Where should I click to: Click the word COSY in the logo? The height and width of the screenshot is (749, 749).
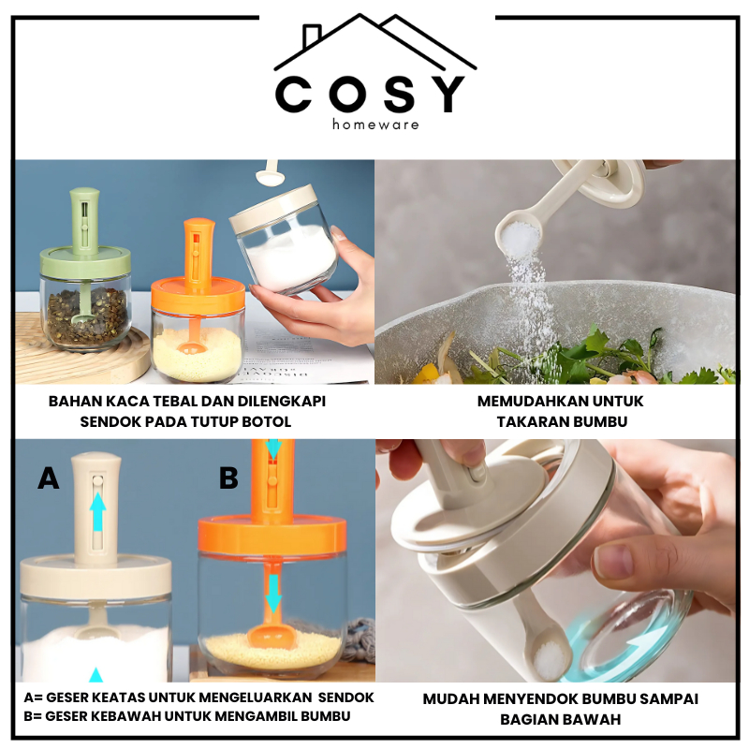[370, 95]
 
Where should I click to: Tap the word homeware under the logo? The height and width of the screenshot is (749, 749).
[376, 125]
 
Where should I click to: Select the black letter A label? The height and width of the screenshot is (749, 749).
[49, 477]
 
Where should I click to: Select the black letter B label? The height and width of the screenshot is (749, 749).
[228, 477]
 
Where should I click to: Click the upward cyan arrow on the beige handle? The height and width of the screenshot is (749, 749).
[98, 511]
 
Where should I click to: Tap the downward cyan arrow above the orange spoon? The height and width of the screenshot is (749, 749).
[272, 594]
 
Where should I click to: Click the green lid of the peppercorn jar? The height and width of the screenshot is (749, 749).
[85, 261]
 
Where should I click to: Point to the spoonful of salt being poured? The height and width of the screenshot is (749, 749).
[520, 238]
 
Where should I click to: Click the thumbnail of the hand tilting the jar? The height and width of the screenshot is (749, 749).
[555, 560]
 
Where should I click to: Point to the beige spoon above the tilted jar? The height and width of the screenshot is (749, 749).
[271, 173]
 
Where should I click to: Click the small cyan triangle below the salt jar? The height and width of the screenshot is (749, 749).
[96, 674]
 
